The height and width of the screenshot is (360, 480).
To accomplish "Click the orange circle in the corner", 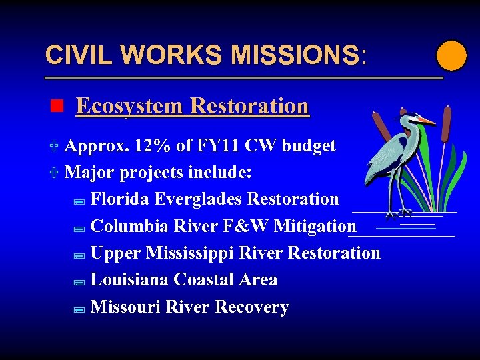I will (451, 55).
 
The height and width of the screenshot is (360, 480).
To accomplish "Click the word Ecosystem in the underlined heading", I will (130, 106).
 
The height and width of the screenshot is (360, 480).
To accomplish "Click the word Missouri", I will (125, 307).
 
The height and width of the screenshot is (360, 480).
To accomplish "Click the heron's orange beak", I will (426, 122).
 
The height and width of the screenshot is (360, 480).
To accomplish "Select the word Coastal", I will (201, 280).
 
